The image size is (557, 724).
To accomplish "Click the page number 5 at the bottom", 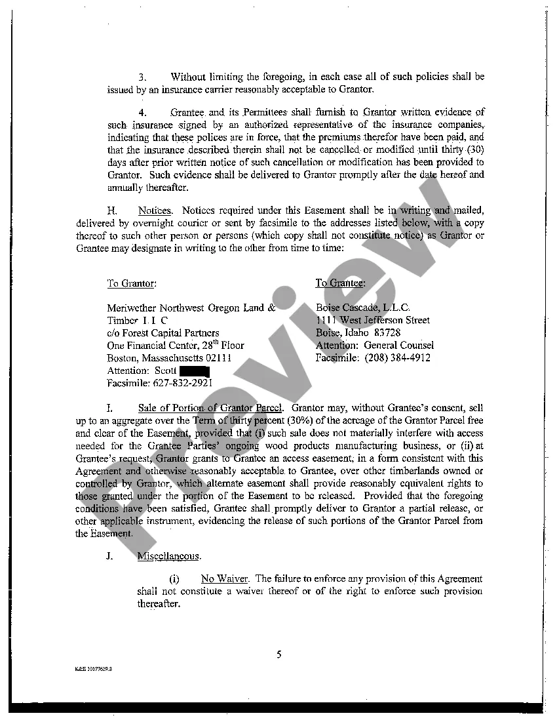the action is click(x=278, y=654).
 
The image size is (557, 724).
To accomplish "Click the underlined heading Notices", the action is click(x=155, y=211).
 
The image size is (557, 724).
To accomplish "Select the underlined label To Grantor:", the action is click(x=132, y=283).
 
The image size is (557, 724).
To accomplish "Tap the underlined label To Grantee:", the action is click(x=340, y=283).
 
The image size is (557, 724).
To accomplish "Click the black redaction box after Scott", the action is click(x=194, y=371).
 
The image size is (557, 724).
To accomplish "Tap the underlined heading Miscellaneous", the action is click(x=168, y=556).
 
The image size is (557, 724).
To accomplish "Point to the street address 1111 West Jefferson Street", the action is click(x=373, y=320).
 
